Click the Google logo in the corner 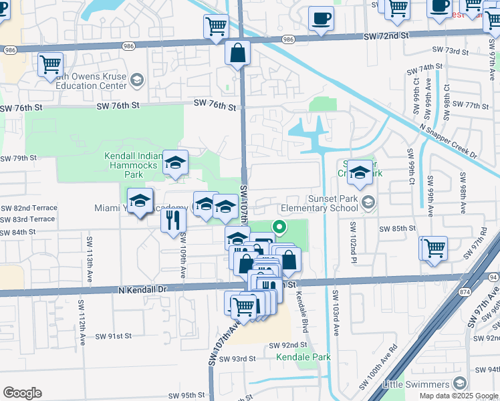(22, 393)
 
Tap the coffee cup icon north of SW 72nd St (321, 18)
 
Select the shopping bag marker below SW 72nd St (238, 53)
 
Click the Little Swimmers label (416, 384)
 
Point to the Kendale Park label (303, 357)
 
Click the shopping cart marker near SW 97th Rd (433, 248)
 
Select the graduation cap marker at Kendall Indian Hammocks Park (175, 162)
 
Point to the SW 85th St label (398, 229)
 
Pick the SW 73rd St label (451, 51)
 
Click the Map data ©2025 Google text (458, 396)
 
